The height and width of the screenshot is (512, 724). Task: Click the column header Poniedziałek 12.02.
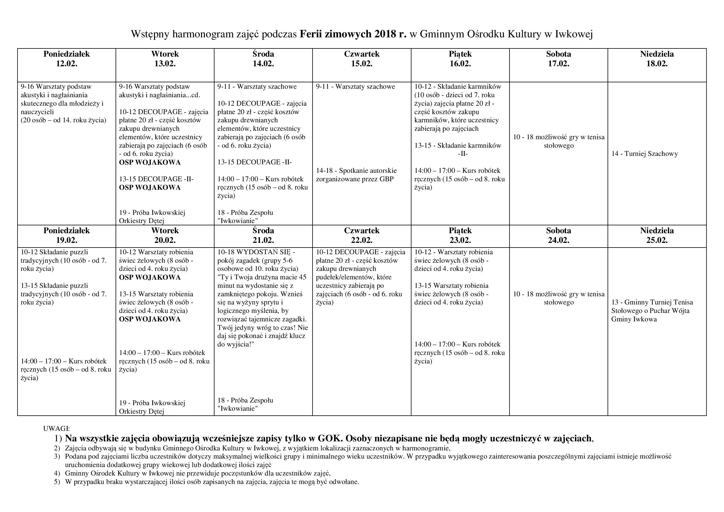click(x=67, y=59)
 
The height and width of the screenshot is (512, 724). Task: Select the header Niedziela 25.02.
click(x=657, y=235)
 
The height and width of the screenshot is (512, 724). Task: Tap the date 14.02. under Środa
click(x=263, y=64)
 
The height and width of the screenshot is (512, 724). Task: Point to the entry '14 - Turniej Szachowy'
click(x=645, y=154)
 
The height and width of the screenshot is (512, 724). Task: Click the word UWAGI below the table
click(x=56, y=429)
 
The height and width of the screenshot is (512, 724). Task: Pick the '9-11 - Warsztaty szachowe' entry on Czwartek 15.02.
click(x=355, y=86)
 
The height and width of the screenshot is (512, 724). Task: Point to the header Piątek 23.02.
click(x=460, y=235)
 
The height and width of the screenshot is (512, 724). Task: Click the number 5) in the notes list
click(x=57, y=482)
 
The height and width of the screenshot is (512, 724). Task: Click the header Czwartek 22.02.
click(x=362, y=235)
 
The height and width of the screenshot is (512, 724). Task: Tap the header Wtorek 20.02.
click(x=165, y=235)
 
